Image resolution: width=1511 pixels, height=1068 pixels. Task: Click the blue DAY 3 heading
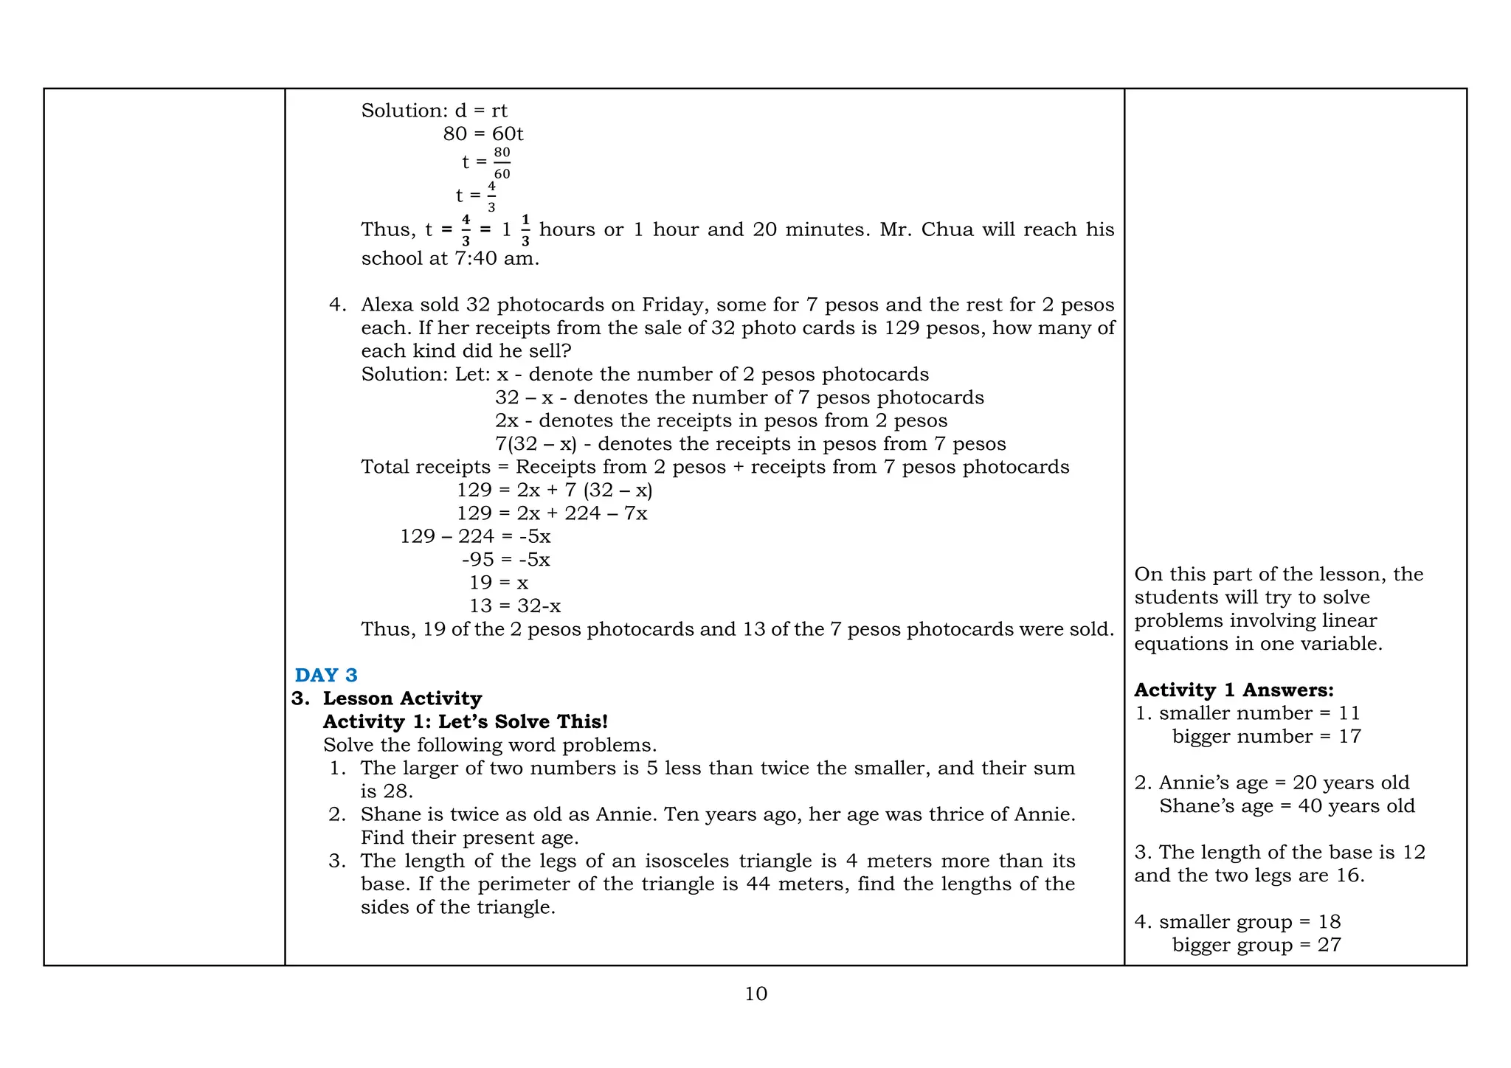tap(325, 675)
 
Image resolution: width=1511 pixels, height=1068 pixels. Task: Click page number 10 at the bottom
tap(755, 994)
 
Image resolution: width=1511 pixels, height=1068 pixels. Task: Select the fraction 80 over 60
tap(502, 163)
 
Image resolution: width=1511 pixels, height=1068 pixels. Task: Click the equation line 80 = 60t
tap(483, 133)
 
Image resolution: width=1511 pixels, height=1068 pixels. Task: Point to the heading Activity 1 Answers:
tap(1234, 690)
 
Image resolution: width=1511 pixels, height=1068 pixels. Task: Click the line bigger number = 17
tap(1266, 736)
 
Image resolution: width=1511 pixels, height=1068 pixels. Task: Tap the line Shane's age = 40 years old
tap(1287, 805)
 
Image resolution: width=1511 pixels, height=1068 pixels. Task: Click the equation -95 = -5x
tap(505, 559)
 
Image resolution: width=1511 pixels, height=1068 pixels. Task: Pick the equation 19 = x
tap(499, 583)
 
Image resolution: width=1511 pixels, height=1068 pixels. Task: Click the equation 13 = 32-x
tap(514, 606)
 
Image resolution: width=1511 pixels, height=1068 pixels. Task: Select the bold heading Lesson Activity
tap(402, 698)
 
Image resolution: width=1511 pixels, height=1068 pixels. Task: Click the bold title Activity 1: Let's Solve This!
tap(465, 721)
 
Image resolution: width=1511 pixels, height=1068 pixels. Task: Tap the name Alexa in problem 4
tap(387, 305)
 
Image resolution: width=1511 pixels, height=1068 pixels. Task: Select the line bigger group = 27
tap(1256, 945)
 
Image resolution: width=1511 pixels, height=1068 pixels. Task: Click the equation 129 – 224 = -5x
tap(475, 536)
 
